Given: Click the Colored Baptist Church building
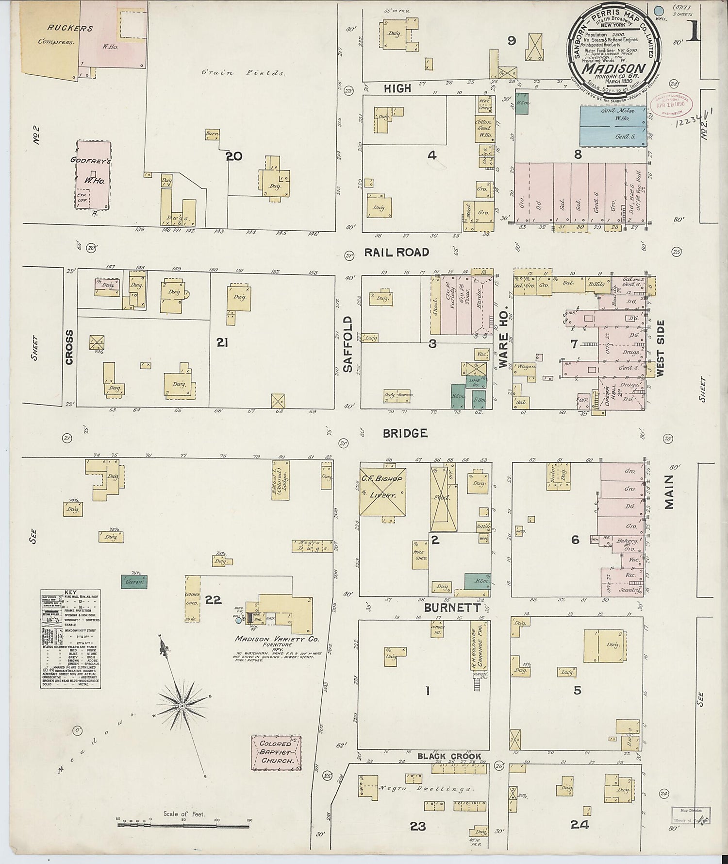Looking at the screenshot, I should tap(276, 752).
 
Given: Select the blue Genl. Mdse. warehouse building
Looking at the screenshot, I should tap(613, 126).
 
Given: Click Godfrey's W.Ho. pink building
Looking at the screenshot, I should tap(93, 175).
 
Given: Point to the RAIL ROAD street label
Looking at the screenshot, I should tap(397, 252).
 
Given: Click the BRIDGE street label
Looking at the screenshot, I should tap(405, 433).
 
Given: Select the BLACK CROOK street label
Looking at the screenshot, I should tap(449, 756).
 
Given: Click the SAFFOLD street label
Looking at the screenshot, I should tap(348, 344).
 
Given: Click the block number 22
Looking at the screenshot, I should tap(213, 600).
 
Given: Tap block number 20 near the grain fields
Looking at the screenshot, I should tap(233, 156).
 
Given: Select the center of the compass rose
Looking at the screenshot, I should tap(182, 705).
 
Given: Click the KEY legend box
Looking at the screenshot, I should tap(70, 639).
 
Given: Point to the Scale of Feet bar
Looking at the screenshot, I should tap(184, 825).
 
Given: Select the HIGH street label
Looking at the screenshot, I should tap(397, 88).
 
